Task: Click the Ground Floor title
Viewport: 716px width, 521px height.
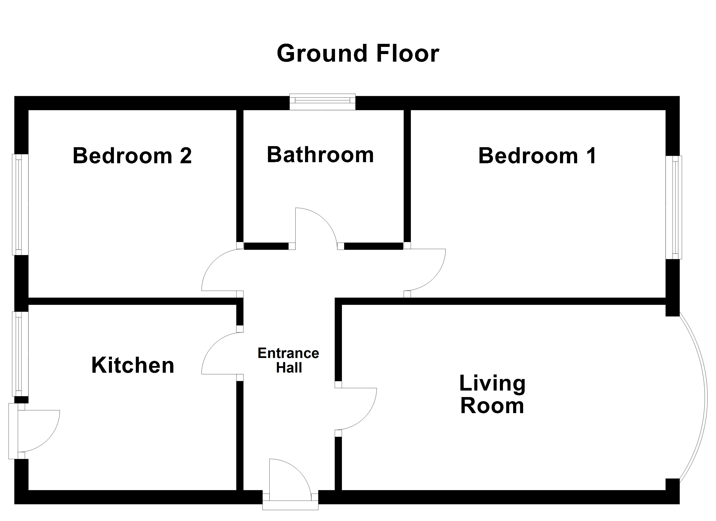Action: (358, 54)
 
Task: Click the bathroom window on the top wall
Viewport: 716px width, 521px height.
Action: (322, 101)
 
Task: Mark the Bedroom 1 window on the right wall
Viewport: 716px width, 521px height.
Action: (674, 207)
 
